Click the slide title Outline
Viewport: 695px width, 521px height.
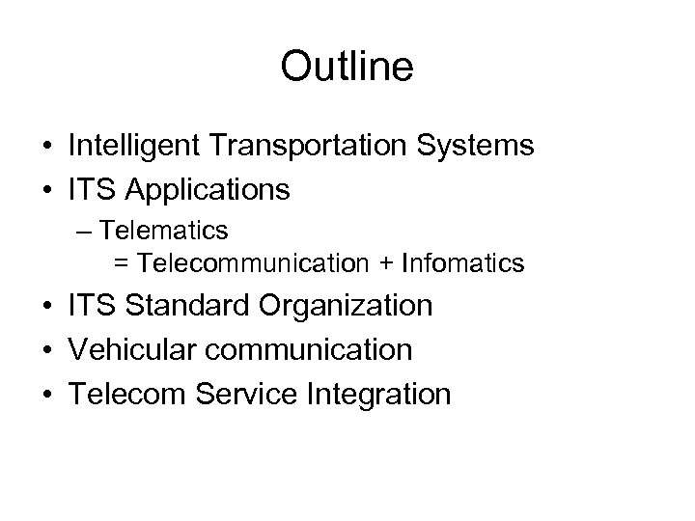pos(347,67)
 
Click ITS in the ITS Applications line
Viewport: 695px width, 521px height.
pos(91,189)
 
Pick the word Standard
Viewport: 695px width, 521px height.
pos(183,306)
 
